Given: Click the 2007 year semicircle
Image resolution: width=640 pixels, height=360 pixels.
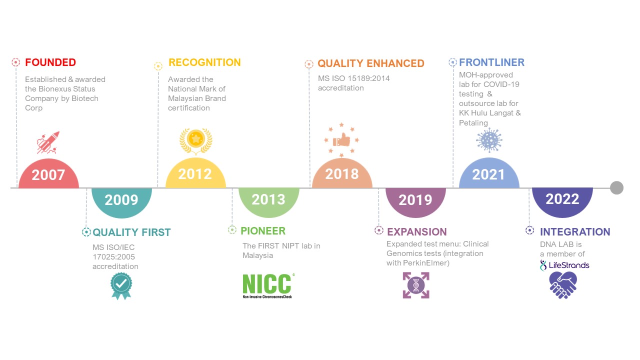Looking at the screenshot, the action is [48, 174].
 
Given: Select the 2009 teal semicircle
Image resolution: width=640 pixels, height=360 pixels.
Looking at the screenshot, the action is [121, 201].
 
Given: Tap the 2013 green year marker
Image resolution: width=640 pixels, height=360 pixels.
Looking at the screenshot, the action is [268, 201].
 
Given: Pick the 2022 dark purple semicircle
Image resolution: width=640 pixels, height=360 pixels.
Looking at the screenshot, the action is [562, 201].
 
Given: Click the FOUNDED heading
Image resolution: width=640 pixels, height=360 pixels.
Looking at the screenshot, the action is [50, 62].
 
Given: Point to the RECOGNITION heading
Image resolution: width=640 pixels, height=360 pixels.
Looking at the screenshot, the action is [204, 62].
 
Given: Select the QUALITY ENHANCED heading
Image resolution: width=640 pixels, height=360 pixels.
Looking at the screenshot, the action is [371, 63].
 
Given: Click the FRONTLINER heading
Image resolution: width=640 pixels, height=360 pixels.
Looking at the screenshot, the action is [491, 62].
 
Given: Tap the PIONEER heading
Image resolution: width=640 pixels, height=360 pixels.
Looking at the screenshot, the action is [263, 231].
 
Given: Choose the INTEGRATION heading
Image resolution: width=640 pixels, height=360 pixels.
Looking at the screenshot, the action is [575, 231].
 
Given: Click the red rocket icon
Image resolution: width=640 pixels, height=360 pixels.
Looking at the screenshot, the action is [48, 142].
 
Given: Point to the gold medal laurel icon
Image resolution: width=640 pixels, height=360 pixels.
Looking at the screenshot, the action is [195, 141].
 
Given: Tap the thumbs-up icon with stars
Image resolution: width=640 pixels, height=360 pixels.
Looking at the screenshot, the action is [341, 140].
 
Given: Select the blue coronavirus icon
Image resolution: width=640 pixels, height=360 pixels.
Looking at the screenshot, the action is [489, 140].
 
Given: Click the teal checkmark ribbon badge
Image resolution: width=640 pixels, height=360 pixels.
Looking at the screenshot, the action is [121, 285].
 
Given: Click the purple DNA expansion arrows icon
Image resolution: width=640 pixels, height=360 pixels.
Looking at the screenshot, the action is [416, 285].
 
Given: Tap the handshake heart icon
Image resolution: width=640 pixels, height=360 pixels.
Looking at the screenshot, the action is [563, 285].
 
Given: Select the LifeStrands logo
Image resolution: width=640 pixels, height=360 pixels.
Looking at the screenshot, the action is [564, 265].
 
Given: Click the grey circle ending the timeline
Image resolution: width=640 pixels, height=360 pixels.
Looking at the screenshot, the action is [616, 187].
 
